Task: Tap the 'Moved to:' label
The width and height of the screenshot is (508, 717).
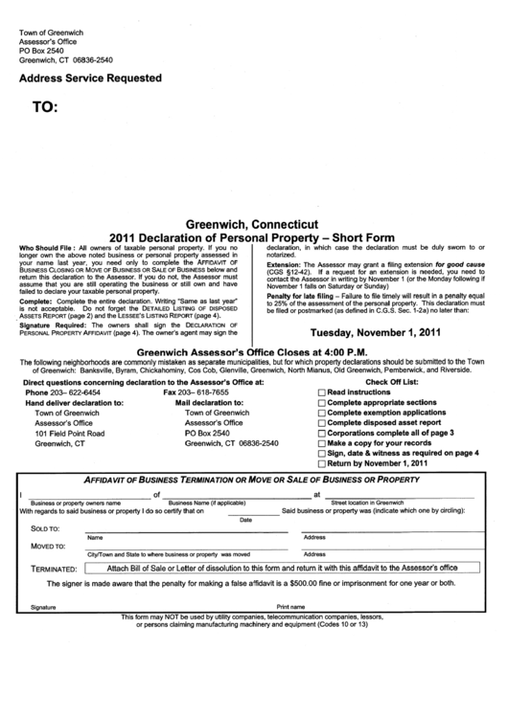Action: tap(48, 547)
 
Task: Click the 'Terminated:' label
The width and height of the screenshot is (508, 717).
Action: tap(54, 569)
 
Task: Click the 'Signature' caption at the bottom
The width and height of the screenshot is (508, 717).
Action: tap(43, 607)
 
